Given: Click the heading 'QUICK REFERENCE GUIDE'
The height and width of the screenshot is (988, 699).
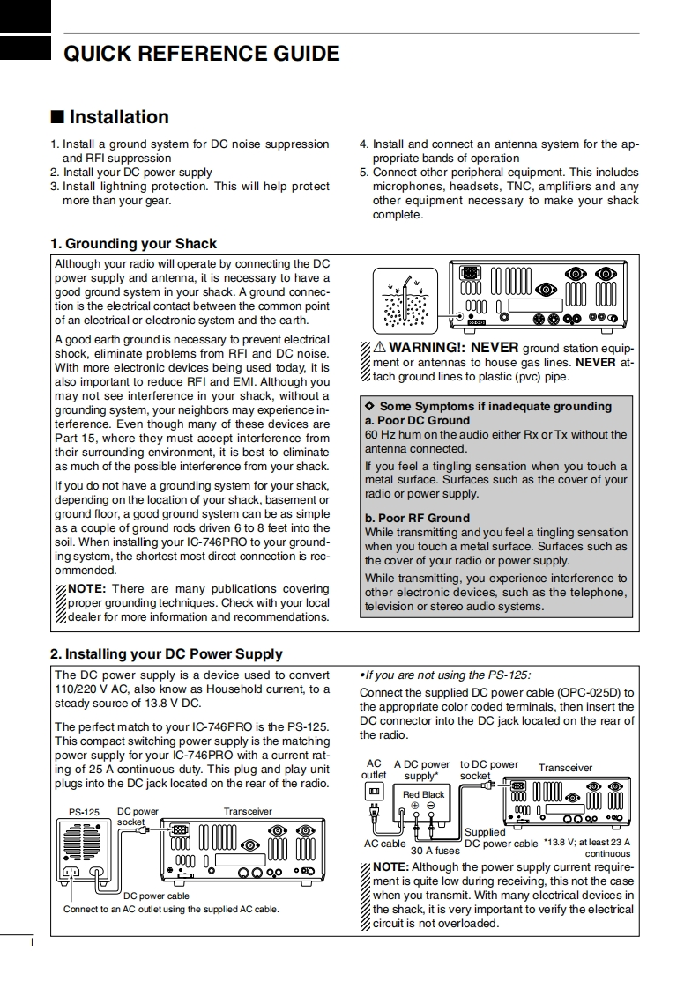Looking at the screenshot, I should [x=201, y=54].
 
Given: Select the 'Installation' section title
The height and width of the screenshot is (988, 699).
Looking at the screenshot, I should [x=118, y=117].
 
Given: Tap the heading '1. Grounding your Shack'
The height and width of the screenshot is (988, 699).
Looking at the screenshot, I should [x=133, y=243].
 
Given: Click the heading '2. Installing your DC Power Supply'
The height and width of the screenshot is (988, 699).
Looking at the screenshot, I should [x=166, y=653].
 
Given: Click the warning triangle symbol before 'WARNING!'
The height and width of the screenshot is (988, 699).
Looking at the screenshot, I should [x=380, y=348].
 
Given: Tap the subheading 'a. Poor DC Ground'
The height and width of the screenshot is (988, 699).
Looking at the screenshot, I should [x=417, y=420].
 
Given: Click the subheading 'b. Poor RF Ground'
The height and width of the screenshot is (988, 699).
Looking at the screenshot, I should [x=417, y=518].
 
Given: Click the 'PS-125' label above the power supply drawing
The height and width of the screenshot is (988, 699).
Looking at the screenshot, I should [x=85, y=811].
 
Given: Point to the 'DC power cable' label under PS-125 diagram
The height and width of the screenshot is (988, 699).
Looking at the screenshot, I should [x=156, y=895].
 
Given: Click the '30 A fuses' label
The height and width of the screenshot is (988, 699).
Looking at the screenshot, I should [x=435, y=851].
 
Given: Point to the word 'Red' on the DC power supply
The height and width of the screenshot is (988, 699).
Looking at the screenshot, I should [x=412, y=794].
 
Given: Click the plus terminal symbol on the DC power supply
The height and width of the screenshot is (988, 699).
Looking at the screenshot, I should [x=415, y=806].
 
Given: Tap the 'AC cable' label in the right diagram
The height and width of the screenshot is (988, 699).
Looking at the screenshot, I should [x=385, y=843].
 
